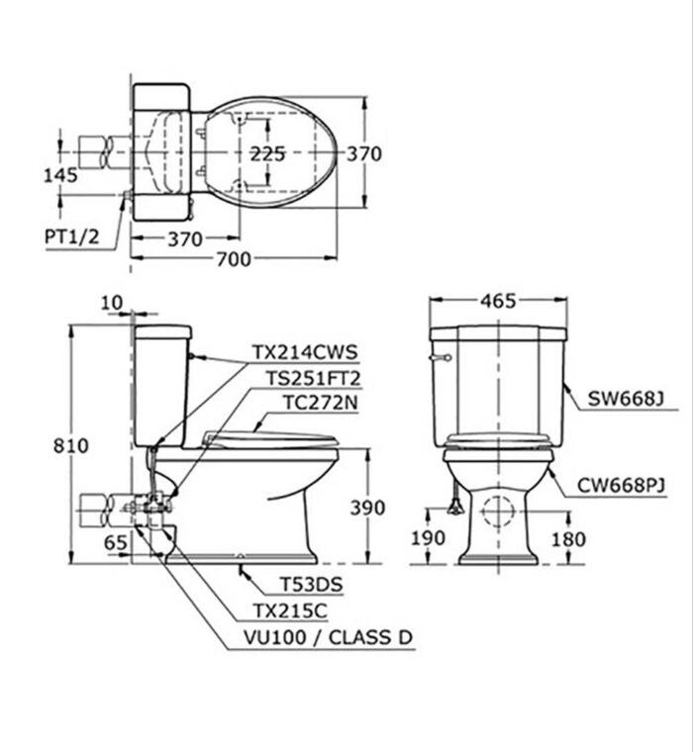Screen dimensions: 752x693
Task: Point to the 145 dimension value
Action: (60, 174)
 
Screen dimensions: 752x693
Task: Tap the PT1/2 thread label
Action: (70, 238)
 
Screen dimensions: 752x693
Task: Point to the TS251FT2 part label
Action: (310, 377)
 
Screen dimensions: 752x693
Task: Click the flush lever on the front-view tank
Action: (440, 356)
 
